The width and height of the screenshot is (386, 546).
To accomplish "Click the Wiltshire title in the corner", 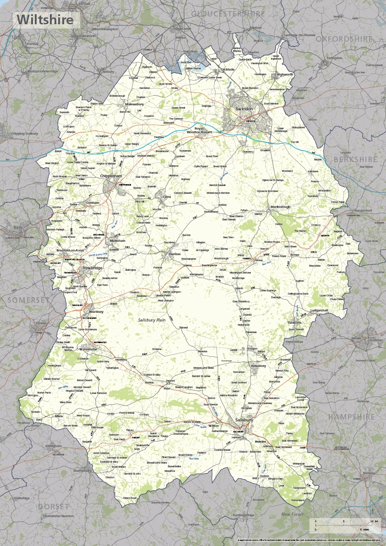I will (x=45, y=20).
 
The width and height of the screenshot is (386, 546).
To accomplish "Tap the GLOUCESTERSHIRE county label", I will (x=228, y=14).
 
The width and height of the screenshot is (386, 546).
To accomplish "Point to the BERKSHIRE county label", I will (x=356, y=159).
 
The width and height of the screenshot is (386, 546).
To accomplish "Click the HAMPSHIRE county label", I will (x=352, y=417).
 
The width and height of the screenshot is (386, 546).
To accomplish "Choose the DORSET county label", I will (x=54, y=506).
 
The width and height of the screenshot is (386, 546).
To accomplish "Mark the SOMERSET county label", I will (x=27, y=300).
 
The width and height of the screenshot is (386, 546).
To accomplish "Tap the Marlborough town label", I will (x=280, y=207).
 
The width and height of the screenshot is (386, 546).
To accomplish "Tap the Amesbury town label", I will (x=258, y=366).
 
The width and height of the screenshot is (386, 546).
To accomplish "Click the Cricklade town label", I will (x=227, y=70).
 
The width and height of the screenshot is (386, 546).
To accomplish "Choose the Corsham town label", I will (x=92, y=202).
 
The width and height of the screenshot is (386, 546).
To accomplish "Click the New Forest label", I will (x=293, y=514).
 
